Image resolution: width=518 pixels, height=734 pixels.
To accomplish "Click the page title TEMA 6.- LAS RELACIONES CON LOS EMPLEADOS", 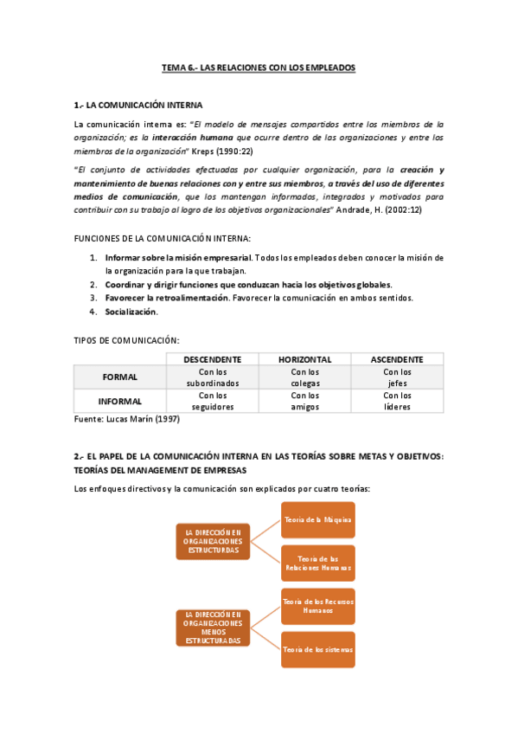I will pyautogui.click(x=259, y=67).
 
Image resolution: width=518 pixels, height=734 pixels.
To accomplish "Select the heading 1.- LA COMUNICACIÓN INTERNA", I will pyautogui.click(x=138, y=105).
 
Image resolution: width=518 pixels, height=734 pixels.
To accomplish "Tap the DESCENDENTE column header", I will pyautogui.click(x=212, y=359).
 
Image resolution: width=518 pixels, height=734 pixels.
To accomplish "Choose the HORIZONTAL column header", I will pyautogui.click(x=304, y=359).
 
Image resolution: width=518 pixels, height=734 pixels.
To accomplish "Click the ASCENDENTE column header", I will pyautogui.click(x=397, y=359).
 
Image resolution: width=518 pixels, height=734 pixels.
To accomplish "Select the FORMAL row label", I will pyautogui.click(x=119, y=377).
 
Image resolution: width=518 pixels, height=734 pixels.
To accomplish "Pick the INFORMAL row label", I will pyautogui.click(x=119, y=401).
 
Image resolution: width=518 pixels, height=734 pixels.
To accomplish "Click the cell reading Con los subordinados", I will pyautogui.click(x=212, y=377).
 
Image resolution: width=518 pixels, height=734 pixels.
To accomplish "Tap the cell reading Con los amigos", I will pyautogui.click(x=304, y=401).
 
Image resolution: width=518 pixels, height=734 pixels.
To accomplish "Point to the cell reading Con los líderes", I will pyautogui.click(x=397, y=401).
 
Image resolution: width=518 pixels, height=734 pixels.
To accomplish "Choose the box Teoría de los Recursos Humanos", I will pyautogui.click(x=317, y=605).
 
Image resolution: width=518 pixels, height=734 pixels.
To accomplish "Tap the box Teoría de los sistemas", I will pyautogui.click(x=317, y=649).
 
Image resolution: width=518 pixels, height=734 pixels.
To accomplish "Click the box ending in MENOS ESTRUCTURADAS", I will pyautogui.click(x=213, y=628).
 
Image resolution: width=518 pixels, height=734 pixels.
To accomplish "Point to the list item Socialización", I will pyautogui.click(x=131, y=312).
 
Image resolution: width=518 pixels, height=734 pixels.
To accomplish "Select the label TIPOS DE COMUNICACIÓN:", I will pyautogui.click(x=127, y=340).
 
